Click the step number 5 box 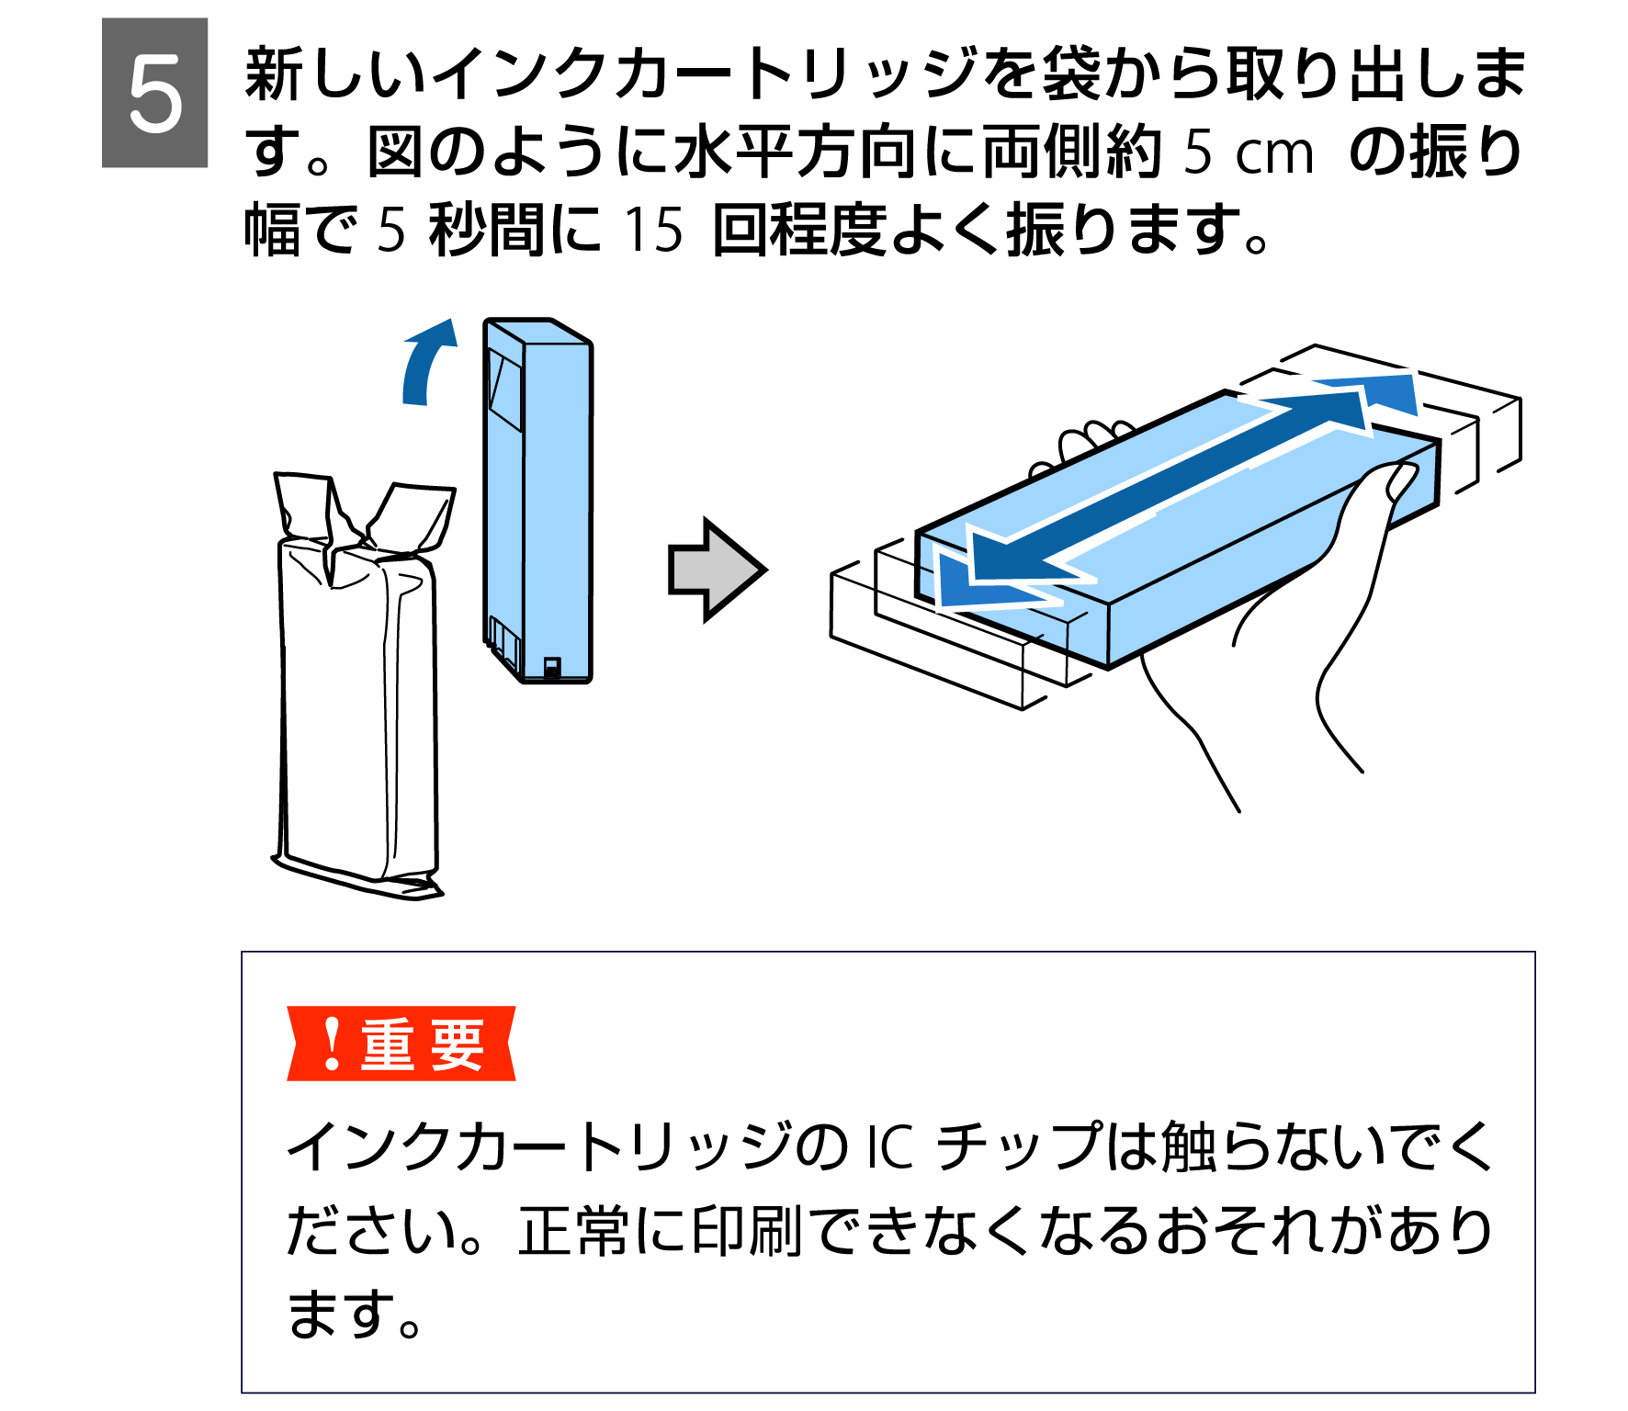154,93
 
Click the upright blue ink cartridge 537,501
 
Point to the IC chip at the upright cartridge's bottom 551,667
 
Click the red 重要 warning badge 401,1044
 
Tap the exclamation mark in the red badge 333,1044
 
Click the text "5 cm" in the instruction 1249,152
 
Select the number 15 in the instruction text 653,229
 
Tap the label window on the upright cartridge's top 504,390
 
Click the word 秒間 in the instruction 488,229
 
